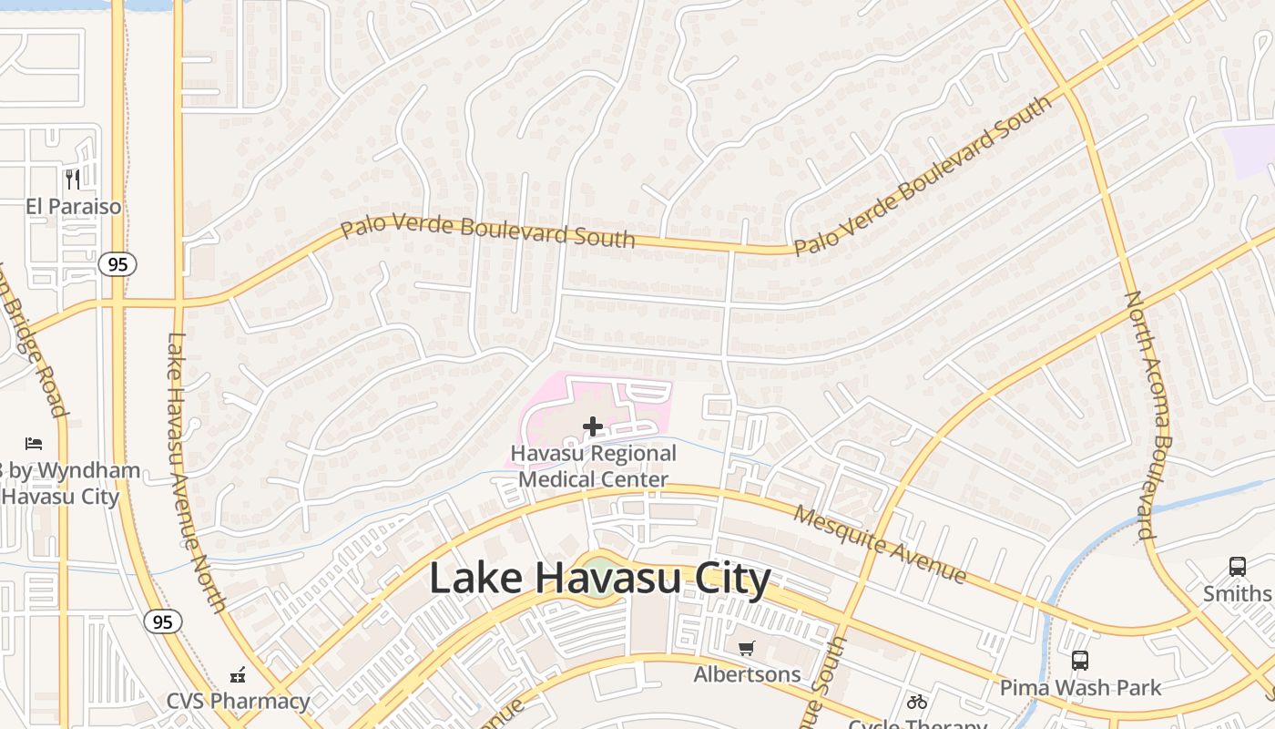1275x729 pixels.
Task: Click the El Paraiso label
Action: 73,207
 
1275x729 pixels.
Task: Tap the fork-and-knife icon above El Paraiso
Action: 73,179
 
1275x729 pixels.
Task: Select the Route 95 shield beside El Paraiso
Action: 117,264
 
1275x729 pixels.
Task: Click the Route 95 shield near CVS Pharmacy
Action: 162,622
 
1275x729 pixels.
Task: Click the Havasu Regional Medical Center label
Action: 594,467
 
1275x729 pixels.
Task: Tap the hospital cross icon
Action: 593,426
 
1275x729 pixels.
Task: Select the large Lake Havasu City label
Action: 599,578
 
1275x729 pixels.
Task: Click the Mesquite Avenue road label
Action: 879,544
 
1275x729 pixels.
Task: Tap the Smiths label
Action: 1236,594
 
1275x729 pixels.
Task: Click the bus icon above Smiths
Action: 1237,566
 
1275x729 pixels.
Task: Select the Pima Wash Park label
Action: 1080,687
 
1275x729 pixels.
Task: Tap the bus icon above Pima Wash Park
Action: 1080,660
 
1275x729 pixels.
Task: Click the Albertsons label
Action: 747,674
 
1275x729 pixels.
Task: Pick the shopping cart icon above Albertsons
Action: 747,648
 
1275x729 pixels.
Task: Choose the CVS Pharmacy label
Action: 238,701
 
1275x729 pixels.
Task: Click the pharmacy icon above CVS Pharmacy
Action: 238,675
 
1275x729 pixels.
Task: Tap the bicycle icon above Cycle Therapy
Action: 917,702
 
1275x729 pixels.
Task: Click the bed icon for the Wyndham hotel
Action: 34,444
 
